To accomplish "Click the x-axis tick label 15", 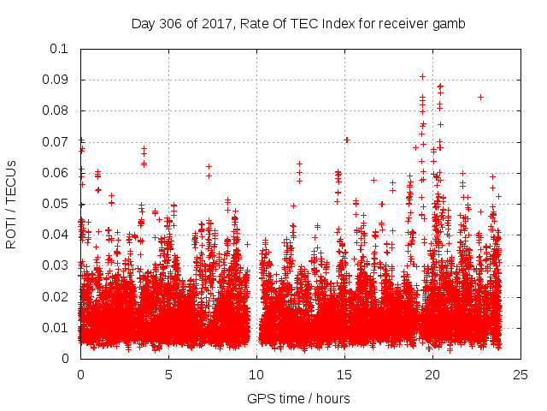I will point(344,374).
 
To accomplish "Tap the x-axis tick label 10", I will point(256,374).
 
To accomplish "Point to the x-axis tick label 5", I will point(168,374).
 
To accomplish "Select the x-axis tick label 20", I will point(432,374).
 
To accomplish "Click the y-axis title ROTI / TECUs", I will point(12,204).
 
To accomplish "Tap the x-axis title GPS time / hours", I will point(298,398).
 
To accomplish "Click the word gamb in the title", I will point(450,24).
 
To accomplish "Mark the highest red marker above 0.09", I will point(422,76).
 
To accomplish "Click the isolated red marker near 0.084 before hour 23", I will point(480,97).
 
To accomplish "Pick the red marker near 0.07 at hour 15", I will point(346,140).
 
